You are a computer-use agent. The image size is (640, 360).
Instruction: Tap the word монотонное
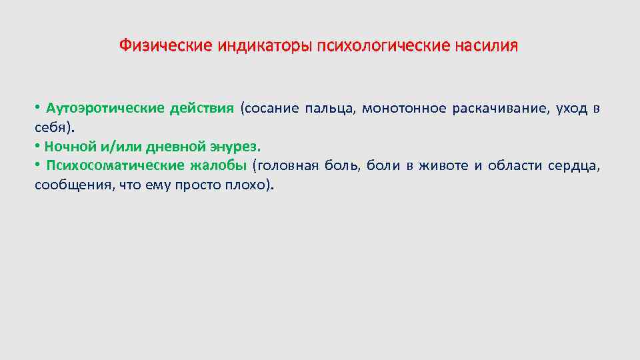(403, 109)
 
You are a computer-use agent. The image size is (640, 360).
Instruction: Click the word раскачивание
(501, 109)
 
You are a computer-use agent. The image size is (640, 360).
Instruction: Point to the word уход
(570, 109)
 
